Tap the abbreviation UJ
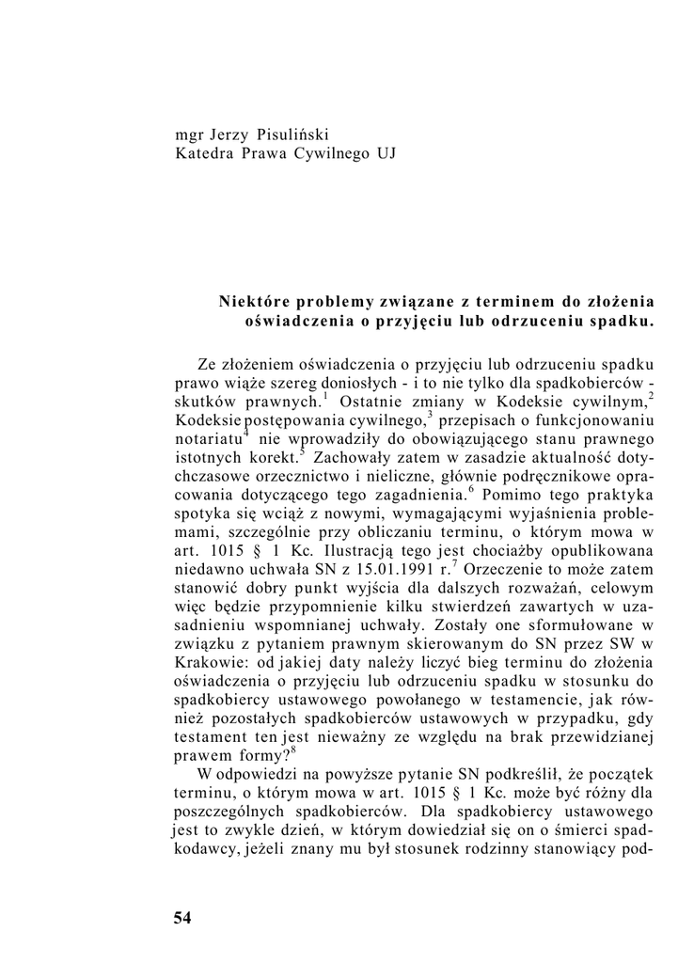[x=385, y=153]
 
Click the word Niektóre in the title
[x=254, y=302]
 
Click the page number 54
[x=182, y=918]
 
